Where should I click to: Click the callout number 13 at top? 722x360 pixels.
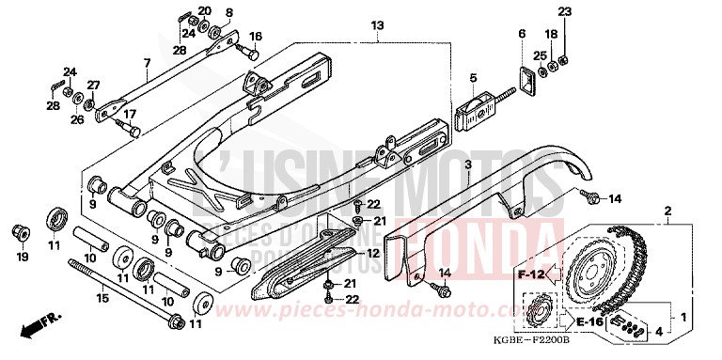[376, 24]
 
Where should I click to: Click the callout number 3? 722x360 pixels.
[473, 78]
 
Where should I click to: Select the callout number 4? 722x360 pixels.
[656, 331]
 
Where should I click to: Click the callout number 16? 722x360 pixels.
[255, 37]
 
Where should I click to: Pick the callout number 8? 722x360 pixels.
[228, 13]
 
